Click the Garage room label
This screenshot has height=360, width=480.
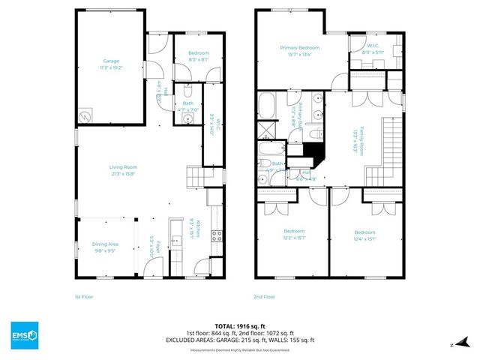(111, 64)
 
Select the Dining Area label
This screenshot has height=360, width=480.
(105, 247)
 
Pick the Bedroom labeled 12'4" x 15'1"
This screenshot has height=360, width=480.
(364, 234)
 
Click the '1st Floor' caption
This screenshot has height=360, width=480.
(83, 296)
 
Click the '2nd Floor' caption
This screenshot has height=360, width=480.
(264, 296)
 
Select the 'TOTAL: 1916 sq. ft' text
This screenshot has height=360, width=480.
(240, 326)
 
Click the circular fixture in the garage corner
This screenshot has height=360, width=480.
(87, 116)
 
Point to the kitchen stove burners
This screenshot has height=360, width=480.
(217, 235)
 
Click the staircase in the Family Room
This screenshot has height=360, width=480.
(389, 150)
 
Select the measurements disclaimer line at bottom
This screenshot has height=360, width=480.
(240, 349)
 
